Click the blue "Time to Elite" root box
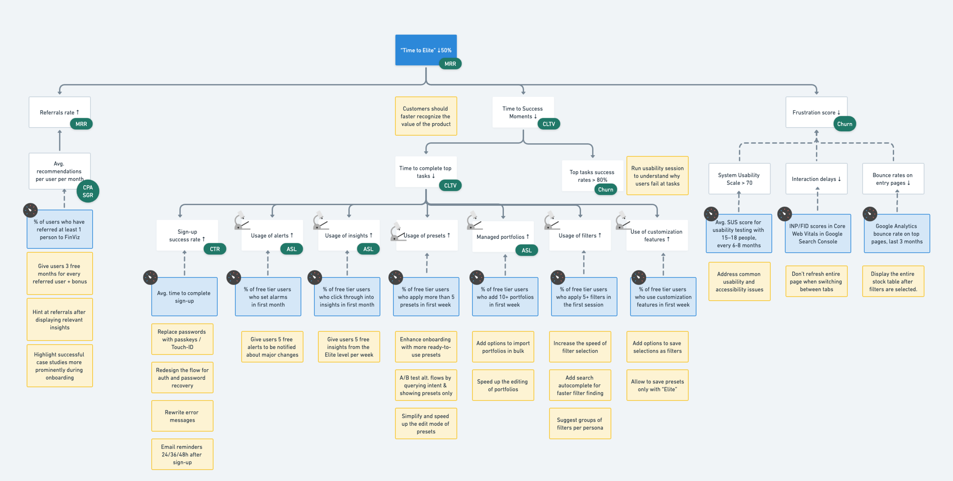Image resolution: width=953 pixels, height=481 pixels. click(x=426, y=50)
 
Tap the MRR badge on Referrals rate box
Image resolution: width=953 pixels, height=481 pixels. click(x=81, y=124)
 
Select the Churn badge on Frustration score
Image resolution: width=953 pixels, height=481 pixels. click(x=844, y=124)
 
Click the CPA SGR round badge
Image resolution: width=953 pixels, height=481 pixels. click(x=88, y=191)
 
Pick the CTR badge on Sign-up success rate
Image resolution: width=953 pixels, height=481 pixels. click(x=215, y=249)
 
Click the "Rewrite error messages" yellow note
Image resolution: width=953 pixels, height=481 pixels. click(x=182, y=416)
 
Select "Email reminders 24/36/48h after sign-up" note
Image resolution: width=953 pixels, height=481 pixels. click(x=182, y=454)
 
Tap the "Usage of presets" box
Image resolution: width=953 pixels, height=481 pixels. click(x=427, y=235)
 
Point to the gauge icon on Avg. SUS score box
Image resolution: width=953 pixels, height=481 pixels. click(x=711, y=214)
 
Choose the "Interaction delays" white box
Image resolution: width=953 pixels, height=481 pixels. click(x=816, y=179)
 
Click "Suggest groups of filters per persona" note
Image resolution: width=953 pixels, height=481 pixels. click(x=580, y=424)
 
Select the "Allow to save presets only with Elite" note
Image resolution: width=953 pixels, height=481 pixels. click(x=657, y=385)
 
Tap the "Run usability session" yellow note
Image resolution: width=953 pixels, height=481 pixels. click(x=657, y=176)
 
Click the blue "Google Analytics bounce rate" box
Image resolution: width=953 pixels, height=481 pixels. click(x=896, y=234)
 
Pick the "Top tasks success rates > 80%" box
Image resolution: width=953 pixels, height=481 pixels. click(x=592, y=176)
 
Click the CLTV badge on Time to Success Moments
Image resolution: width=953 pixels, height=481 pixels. click(x=548, y=124)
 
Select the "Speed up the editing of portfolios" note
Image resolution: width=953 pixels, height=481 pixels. click(x=503, y=385)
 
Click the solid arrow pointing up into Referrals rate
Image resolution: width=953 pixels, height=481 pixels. click(x=60, y=140)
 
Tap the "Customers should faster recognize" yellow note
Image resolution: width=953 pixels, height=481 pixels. click(x=426, y=116)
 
